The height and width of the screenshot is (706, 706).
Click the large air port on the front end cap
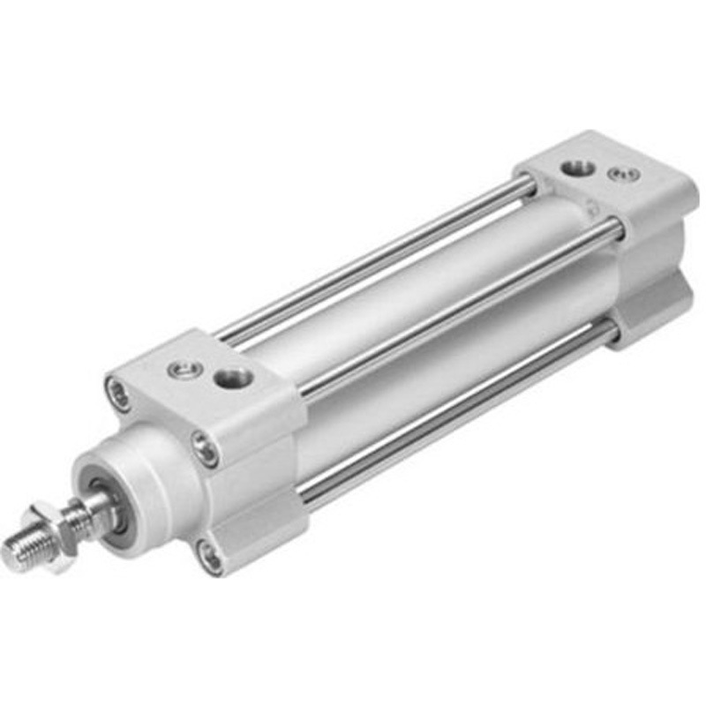[x=232, y=379]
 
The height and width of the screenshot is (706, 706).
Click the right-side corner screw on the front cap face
[x=205, y=449]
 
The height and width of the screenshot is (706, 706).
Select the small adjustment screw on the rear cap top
[x=624, y=175]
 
